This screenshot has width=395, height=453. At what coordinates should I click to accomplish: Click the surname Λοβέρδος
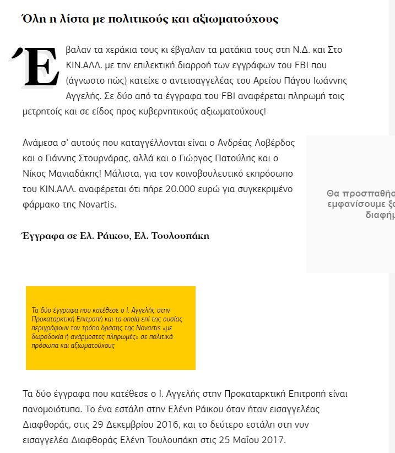pos(273,143)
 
